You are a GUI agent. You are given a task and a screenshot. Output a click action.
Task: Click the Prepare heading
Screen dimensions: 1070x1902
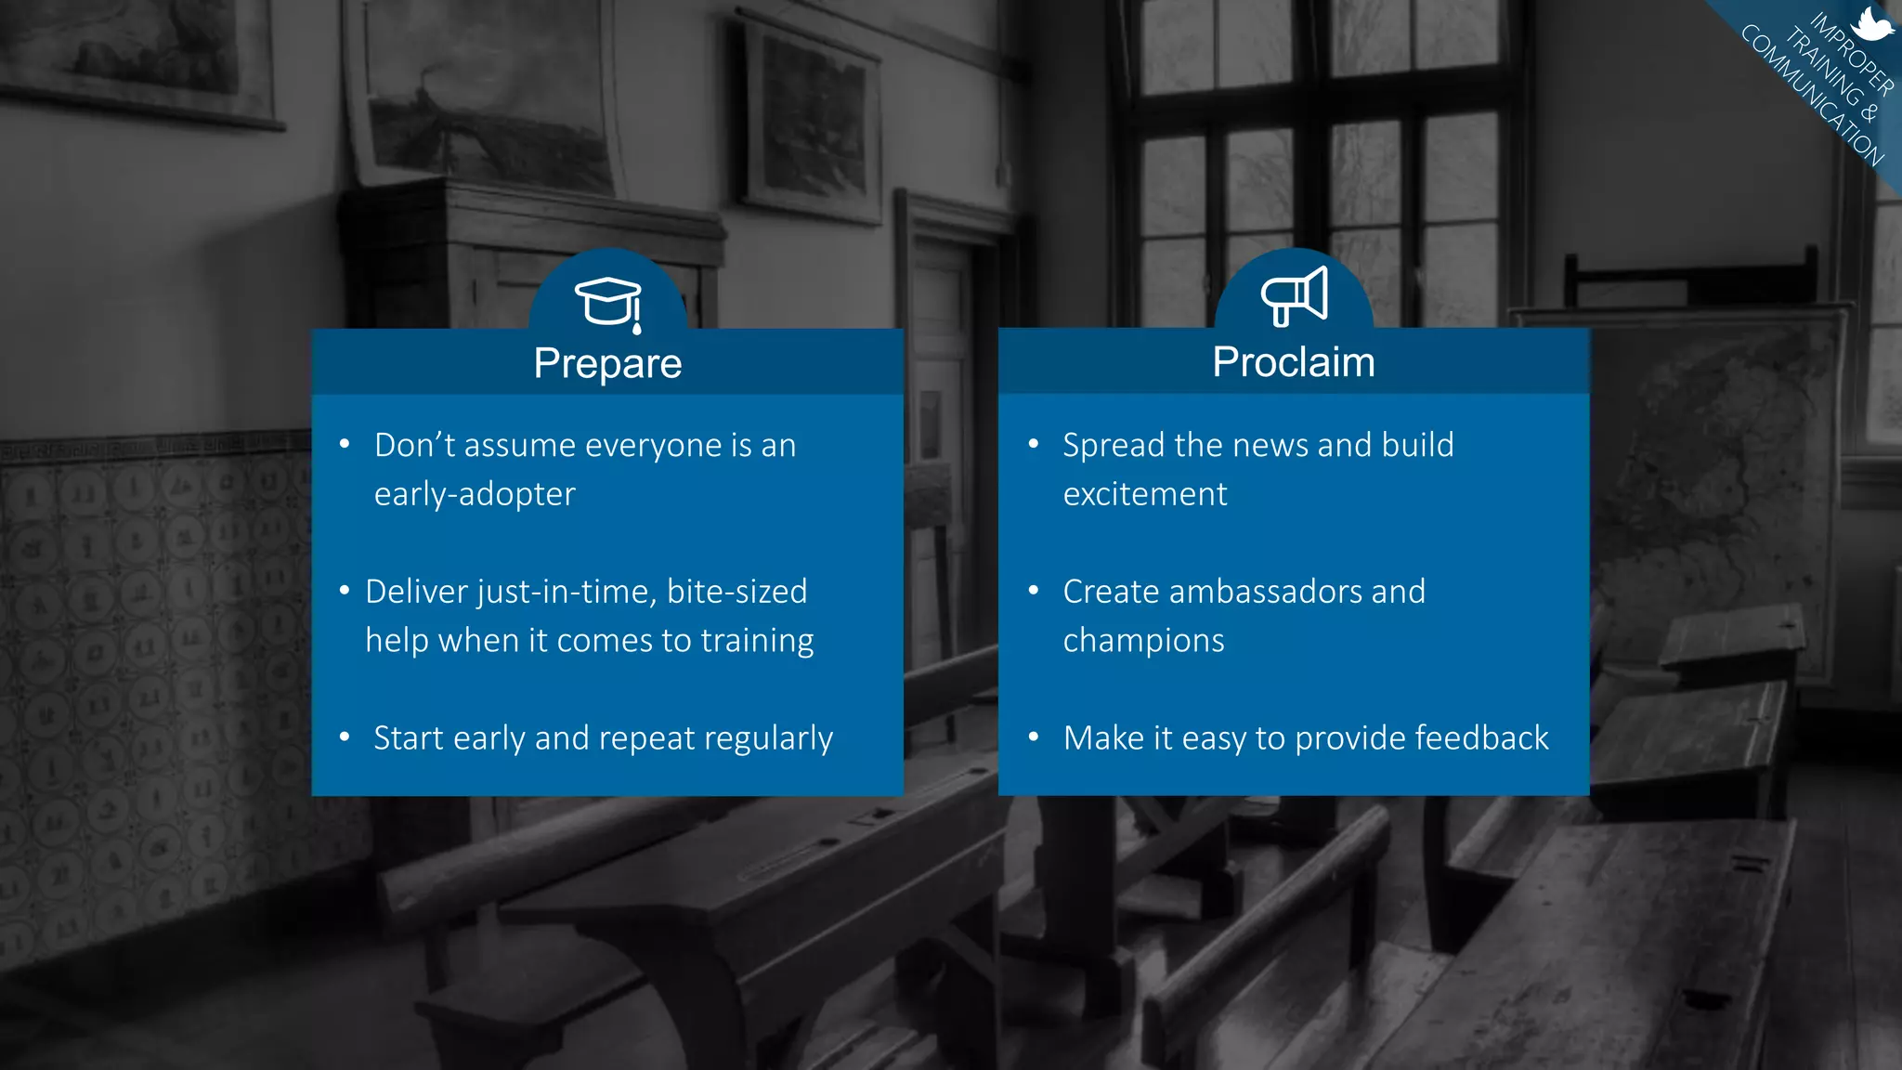(x=607, y=363)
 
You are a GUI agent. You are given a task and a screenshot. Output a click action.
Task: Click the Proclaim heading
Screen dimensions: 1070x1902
(x=1293, y=362)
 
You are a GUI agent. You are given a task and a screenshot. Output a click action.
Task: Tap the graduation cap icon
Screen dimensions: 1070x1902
(x=608, y=301)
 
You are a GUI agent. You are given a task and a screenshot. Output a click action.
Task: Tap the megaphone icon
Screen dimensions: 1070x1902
(x=1294, y=296)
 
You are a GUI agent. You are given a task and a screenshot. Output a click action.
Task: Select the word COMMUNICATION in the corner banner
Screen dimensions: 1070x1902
(x=1812, y=97)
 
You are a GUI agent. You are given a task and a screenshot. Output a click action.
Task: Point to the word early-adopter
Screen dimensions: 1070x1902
(x=475, y=494)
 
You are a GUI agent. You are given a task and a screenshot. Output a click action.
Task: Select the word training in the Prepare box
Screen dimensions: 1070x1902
(x=757, y=641)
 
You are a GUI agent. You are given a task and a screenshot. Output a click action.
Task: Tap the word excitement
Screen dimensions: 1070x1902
(x=1144, y=494)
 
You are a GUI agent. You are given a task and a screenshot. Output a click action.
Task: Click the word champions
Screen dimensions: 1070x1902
(x=1143, y=641)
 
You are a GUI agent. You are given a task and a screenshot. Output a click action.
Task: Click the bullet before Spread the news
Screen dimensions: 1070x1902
(x=1034, y=444)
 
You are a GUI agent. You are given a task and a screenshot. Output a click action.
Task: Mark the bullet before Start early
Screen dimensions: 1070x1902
(x=345, y=737)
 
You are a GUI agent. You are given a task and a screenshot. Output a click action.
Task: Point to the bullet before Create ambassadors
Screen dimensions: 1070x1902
(x=1034, y=591)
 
